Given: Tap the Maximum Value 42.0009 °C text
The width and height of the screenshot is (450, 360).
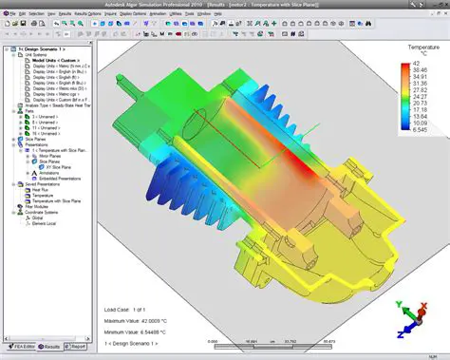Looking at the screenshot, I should [140, 322].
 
